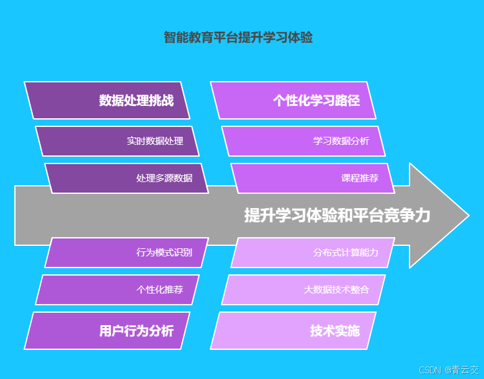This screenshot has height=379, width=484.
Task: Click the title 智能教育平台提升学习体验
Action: (x=238, y=38)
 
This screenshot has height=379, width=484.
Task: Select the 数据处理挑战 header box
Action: (x=107, y=100)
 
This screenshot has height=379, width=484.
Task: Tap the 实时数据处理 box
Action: (x=117, y=141)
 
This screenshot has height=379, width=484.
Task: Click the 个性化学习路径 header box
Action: (x=293, y=100)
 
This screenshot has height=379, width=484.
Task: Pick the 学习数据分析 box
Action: (x=303, y=141)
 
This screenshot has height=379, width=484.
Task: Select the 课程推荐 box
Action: (x=313, y=178)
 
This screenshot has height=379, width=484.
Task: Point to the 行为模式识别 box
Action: (x=127, y=253)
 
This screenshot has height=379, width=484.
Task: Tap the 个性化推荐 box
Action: (x=117, y=290)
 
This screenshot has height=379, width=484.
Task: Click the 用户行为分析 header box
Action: (x=107, y=331)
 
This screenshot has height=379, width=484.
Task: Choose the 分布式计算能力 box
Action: (x=313, y=253)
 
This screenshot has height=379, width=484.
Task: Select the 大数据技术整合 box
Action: (x=303, y=290)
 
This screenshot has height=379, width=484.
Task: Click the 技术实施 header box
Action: (x=293, y=331)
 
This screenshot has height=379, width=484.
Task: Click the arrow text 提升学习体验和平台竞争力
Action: (x=337, y=216)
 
